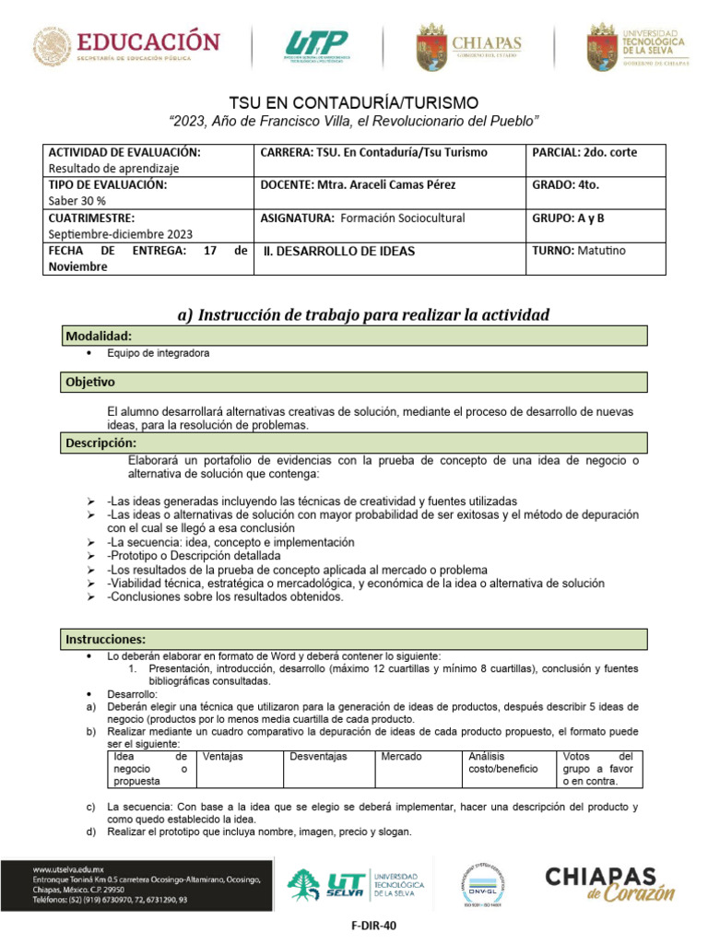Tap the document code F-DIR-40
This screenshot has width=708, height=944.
353,925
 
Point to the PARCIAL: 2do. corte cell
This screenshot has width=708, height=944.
584,151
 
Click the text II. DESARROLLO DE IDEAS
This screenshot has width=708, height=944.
339,251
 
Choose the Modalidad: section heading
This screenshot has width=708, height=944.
99,336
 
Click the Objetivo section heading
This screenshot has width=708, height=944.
89,381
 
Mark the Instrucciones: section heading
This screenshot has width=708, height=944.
105,639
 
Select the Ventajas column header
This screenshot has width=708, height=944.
222,756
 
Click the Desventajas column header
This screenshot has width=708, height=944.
318,756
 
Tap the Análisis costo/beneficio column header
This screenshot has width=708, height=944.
502,761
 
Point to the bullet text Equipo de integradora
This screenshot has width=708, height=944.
158,353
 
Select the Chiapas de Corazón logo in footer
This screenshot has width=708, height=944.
609,882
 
